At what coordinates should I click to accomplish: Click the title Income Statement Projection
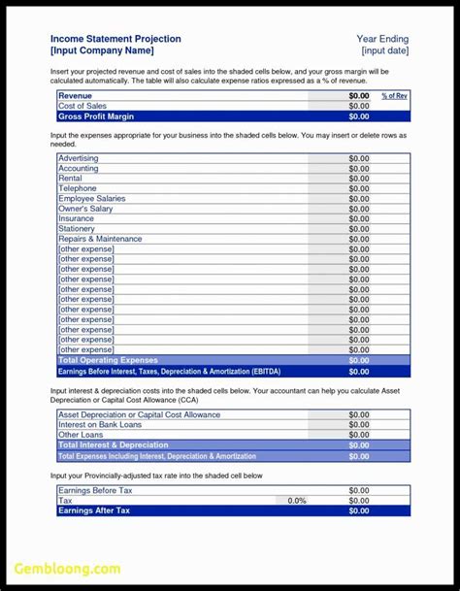coord(115,39)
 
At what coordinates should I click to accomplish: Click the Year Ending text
coord(383,39)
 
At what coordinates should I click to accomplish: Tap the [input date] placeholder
coord(385,50)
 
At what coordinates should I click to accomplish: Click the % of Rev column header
coord(394,96)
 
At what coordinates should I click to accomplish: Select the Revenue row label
coord(76,96)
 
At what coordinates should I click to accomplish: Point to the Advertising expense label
coord(78,158)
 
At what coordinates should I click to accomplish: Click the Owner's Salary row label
coord(85,209)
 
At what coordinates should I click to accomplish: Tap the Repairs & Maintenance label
coord(100,239)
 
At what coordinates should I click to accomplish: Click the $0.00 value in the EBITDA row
coord(358,371)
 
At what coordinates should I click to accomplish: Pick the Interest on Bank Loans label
coord(100,425)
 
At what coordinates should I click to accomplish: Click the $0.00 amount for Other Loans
coord(358,435)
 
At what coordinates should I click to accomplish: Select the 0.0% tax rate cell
coord(297,501)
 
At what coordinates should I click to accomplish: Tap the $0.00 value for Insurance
coord(358,219)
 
